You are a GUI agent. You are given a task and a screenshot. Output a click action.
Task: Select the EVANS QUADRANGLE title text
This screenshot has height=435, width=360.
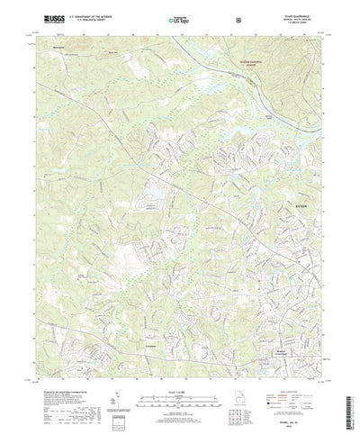(x=287, y=13)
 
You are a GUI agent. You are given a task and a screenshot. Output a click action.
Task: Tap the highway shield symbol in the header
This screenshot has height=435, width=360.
(x=236, y=18)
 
